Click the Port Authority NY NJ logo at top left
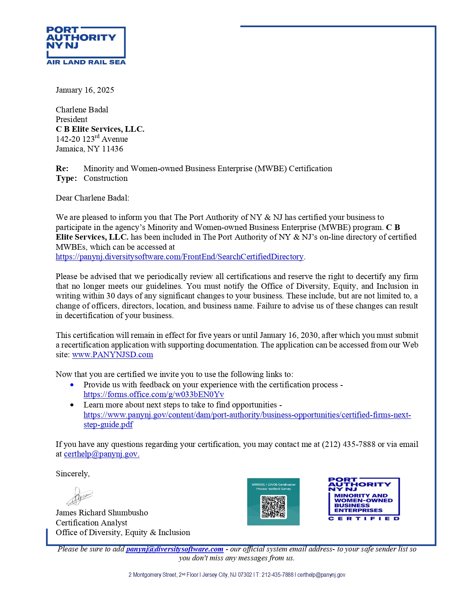point(86,45)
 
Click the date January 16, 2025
point(85,90)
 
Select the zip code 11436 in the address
point(113,149)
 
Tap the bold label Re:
point(62,169)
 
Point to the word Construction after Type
point(106,178)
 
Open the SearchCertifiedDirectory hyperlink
point(180,257)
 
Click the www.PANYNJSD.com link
point(113,355)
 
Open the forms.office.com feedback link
point(154,394)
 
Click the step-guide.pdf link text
point(108,425)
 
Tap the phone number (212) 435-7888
point(349,444)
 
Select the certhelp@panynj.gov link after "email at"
point(101,454)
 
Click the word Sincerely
point(72,474)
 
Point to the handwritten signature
point(79,496)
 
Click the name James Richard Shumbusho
point(102,513)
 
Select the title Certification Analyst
point(91,523)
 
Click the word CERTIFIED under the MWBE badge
point(364,518)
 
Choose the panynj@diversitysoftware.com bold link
point(175,549)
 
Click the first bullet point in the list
point(72,385)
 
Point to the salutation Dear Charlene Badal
point(93,198)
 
